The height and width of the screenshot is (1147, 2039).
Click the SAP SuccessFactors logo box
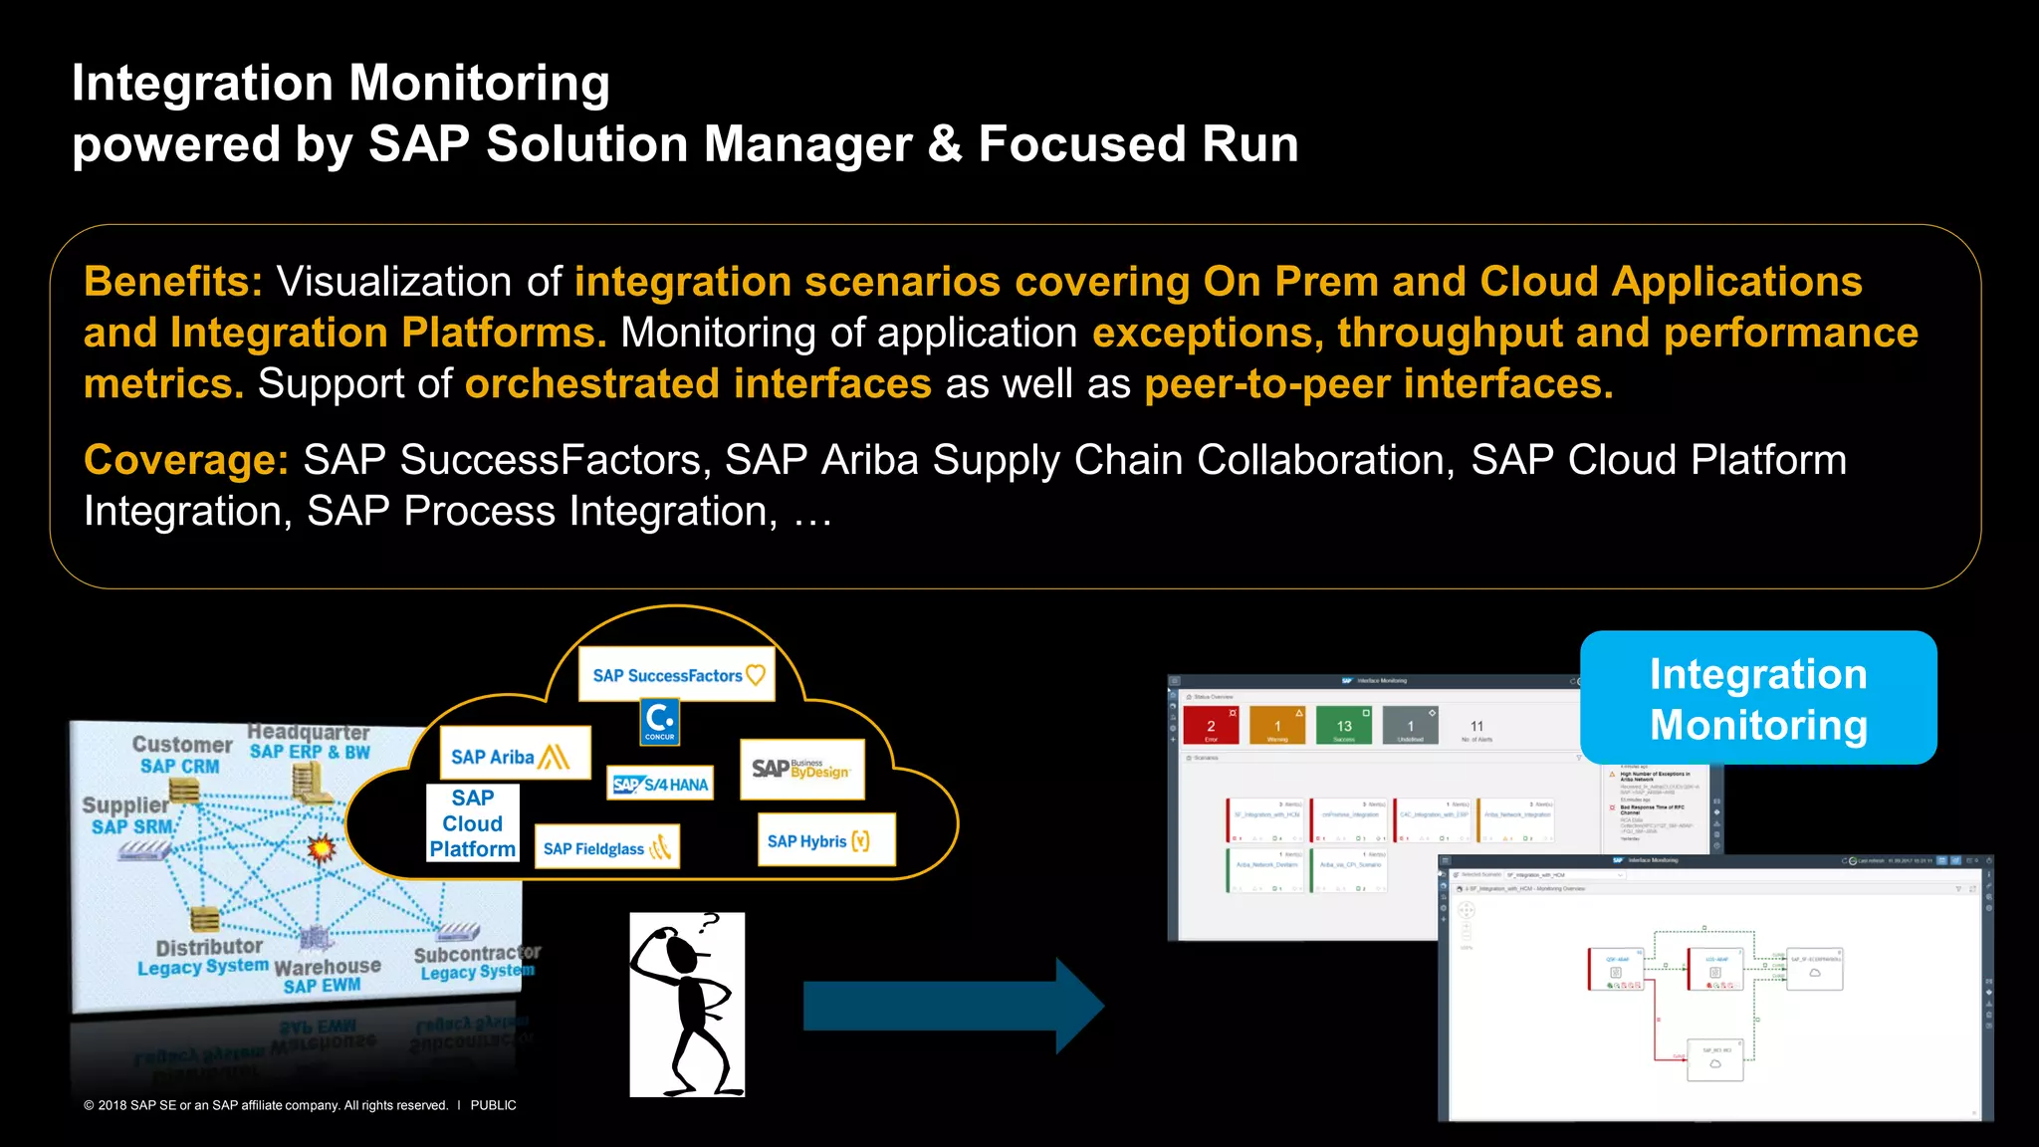[677, 675]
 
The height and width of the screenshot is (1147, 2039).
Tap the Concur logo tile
[659, 721]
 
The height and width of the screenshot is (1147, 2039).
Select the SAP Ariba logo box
[515, 755]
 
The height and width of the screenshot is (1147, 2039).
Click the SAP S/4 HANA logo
[661, 784]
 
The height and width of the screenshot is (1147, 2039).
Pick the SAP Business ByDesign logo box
[801, 769]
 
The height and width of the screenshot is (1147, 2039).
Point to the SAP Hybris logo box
[825, 840]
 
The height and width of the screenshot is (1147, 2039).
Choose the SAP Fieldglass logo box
[606, 847]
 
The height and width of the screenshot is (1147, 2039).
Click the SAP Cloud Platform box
[473, 823]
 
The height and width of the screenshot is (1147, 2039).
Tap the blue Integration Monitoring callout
[1757, 698]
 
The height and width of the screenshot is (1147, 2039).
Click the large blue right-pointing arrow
[951, 1006]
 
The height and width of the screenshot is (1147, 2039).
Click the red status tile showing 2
[1211, 726]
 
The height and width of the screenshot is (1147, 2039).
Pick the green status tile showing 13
[1343, 726]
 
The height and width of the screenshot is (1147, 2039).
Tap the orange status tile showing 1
[1277, 726]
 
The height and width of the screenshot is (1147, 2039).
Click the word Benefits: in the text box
[173, 282]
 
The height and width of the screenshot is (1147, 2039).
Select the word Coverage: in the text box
[186, 460]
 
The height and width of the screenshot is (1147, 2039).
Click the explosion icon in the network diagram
[322, 848]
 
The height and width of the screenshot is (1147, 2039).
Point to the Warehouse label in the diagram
[327, 966]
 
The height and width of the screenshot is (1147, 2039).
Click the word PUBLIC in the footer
[493, 1105]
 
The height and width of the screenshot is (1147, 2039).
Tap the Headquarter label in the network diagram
[308, 733]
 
